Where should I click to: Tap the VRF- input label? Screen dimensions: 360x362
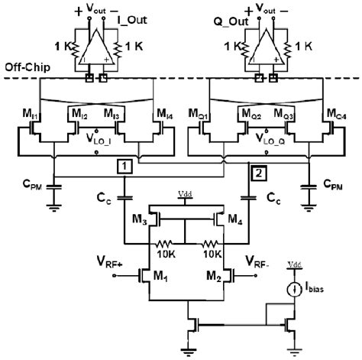[x=258, y=262]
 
